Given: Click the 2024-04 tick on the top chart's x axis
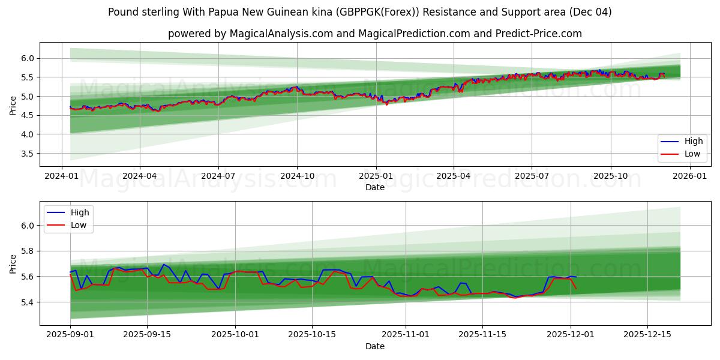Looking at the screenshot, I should [x=140, y=176].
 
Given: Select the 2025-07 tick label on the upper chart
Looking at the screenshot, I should [x=532, y=176].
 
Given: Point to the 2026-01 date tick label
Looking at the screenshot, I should [x=689, y=176].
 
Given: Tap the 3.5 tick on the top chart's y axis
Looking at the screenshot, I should [x=28, y=154].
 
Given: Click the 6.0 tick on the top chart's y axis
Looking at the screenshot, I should [x=28, y=58].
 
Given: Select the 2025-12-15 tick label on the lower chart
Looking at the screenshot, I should [x=647, y=334].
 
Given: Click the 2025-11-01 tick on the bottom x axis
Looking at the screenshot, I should [x=406, y=334].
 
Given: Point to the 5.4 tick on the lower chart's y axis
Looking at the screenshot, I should [x=28, y=302].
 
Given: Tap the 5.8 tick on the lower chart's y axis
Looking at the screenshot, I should [x=28, y=251].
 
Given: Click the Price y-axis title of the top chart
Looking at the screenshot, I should [x=13, y=105].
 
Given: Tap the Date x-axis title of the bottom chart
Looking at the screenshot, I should [x=375, y=346].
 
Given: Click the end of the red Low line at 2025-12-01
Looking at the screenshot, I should [x=576, y=289].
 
